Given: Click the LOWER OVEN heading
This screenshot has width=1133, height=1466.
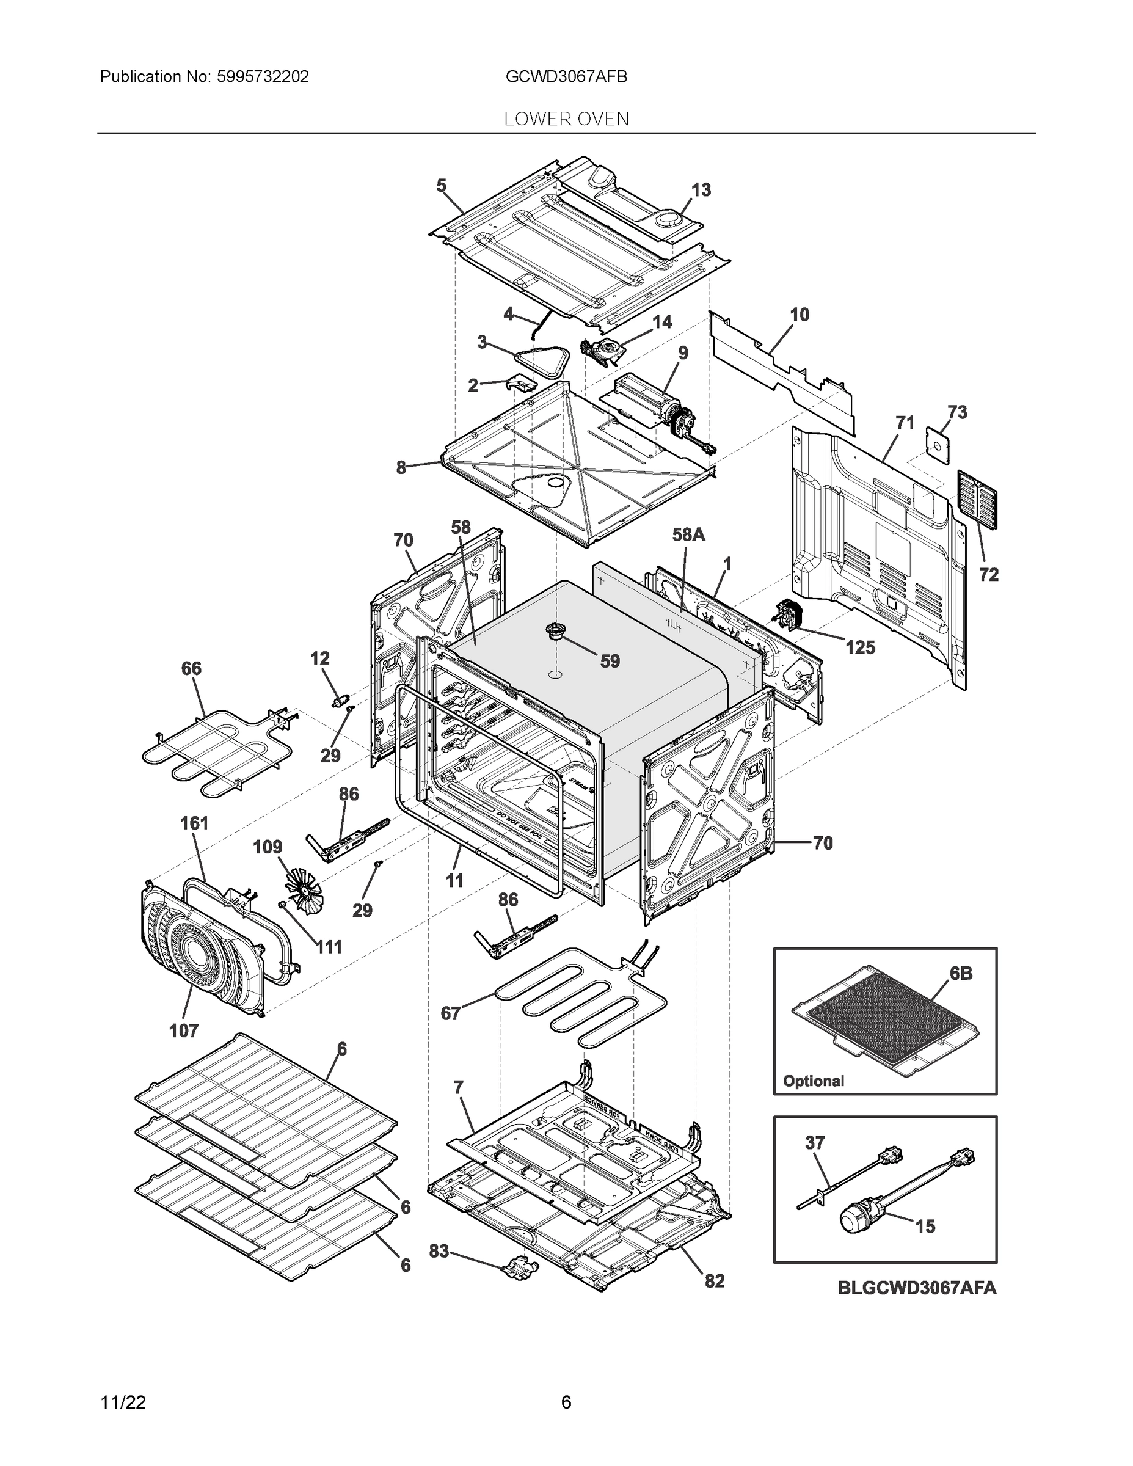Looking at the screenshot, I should coord(566,119).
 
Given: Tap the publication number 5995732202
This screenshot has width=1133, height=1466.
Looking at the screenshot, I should coord(263,76).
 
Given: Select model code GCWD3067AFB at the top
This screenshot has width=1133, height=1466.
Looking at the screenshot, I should coord(566,76).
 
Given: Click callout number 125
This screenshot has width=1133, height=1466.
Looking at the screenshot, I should coord(860,647).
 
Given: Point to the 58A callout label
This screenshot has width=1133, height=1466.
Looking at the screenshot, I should coord(689,534).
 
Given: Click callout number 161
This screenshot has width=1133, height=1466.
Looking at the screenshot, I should coord(194,823).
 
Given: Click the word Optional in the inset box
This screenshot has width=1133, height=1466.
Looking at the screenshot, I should coord(814,1081).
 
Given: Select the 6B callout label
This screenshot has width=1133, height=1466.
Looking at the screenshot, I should coord(961,973).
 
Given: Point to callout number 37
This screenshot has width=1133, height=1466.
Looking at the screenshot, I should coord(814,1142).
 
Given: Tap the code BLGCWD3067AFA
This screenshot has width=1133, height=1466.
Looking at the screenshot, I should coord(917,1288).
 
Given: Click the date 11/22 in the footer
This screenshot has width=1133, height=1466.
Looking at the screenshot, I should coord(123,1402).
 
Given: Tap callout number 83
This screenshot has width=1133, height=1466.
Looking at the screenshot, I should coord(439,1251).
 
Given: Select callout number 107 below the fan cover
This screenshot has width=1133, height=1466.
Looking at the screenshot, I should coord(184,1030).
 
